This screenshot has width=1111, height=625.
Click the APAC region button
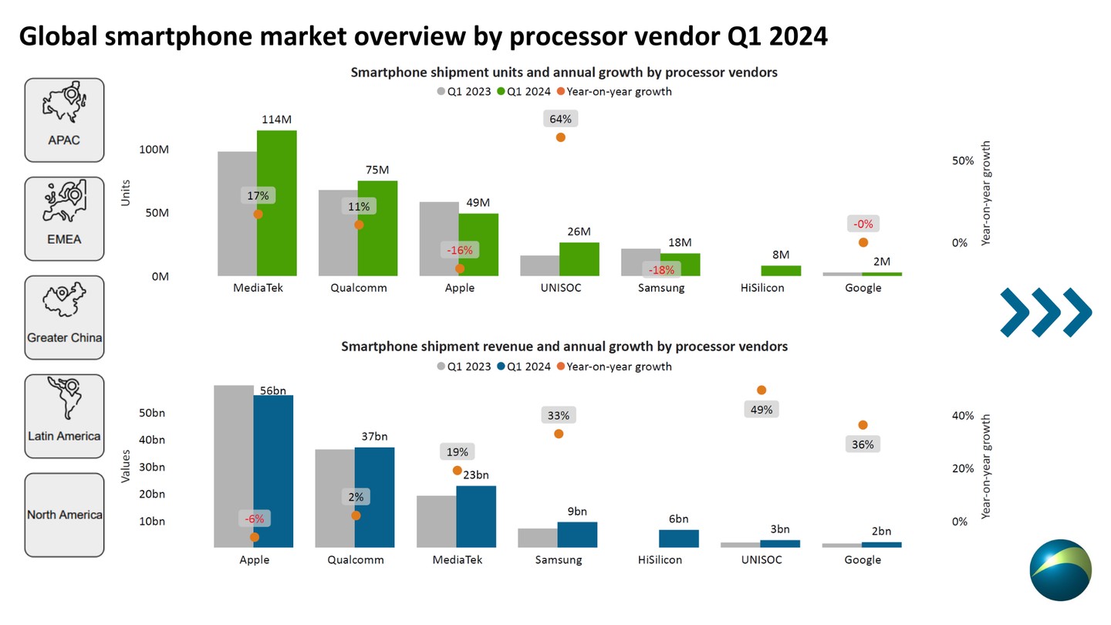[x=64, y=120]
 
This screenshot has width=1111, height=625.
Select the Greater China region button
[x=64, y=317]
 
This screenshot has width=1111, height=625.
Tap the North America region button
[x=64, y=515]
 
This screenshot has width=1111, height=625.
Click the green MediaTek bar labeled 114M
[x=277, y=202]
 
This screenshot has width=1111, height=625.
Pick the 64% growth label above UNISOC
[x=561, y=119]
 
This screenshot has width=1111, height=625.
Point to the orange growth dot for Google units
[x=863, y=242]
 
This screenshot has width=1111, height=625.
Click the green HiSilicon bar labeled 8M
[x=781, y=271]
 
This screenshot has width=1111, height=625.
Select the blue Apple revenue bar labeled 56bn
[x=273, y=471]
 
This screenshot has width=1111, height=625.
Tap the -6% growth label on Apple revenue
[x=255, y=519]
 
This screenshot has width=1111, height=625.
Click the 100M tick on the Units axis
[x=154, y=149]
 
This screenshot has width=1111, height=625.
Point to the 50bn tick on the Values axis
[x=152, y=413]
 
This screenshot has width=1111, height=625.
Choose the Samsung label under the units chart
[x=661, y=288]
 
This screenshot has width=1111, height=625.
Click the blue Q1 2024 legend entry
[x=524, y=367]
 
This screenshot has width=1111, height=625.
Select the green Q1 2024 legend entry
[x=524, y=91]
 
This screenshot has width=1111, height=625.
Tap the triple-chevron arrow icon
[x=1046, y=312]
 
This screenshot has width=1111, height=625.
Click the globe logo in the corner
[x=1060, y=570]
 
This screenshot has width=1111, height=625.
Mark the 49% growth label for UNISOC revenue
[x=761, y=410]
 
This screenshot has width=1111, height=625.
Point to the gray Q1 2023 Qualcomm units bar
[x=338, y=232]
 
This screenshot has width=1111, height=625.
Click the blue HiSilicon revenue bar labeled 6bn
[x=679, y=539]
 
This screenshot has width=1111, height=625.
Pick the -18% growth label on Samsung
[x=661, y=270]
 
